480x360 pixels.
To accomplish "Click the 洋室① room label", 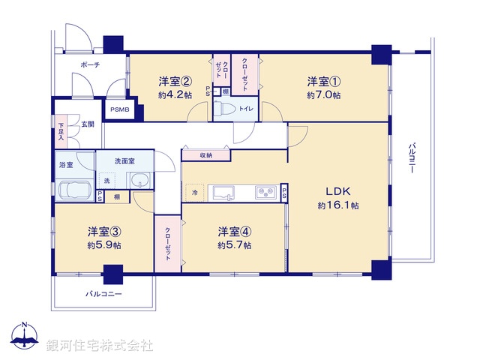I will pos(324,80).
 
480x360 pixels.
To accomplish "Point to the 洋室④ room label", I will pos(235,230).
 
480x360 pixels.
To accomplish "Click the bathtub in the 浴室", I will pos(74,190).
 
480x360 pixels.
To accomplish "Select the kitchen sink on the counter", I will pos(224,193).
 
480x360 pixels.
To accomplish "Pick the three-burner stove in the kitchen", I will pos(265,192).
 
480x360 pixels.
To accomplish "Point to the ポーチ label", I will pos(90,66).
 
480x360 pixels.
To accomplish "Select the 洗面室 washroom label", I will pos(124,161).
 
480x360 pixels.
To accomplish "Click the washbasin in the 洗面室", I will pos(139,181).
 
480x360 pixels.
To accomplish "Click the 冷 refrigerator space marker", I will pos(194,193).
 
